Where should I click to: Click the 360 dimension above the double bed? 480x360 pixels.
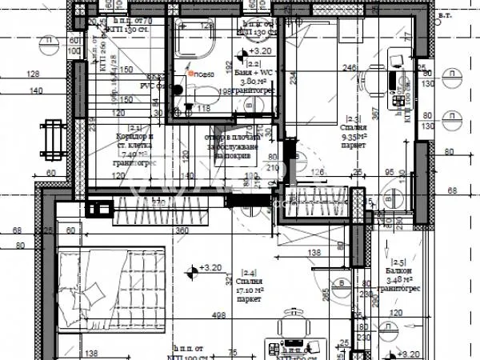click(x=182, y=230)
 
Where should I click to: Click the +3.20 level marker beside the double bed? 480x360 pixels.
click(x=210, y=268)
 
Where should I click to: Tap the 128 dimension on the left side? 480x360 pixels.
click(x=33, y=74)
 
